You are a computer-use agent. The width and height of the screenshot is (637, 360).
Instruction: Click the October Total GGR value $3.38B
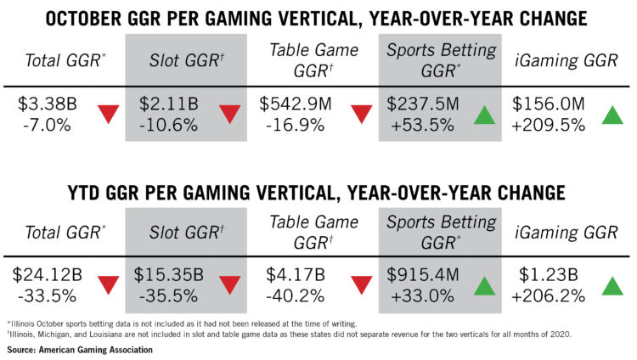48,104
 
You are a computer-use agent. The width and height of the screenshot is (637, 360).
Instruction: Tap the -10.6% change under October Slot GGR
168,125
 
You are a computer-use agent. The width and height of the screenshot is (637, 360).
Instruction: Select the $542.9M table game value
296,104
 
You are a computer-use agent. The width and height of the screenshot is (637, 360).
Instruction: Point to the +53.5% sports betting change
422,125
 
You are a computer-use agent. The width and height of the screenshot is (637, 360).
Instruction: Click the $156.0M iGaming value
548,104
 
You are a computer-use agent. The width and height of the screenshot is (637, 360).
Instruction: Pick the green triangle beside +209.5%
612,115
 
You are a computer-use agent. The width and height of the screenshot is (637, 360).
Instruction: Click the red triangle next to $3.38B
109,114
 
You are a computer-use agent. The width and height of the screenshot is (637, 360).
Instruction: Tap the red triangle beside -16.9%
362,114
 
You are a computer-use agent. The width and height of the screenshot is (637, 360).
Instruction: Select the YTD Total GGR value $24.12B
48,275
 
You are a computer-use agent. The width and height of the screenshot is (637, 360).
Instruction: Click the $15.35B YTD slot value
169,275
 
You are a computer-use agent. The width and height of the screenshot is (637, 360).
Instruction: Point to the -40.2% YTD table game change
296,295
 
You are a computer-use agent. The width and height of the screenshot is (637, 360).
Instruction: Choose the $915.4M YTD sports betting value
422,275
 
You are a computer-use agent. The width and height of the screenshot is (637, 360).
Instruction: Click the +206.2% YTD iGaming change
548,295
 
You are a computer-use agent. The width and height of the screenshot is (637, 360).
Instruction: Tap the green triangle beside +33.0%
485,286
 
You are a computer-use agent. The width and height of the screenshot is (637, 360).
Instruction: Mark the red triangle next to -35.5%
230,285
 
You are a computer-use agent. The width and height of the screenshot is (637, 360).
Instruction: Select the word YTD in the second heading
83,193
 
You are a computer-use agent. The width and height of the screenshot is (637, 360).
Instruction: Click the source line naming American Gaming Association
80,350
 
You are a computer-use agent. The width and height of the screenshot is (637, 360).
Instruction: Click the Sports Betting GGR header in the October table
441,60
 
